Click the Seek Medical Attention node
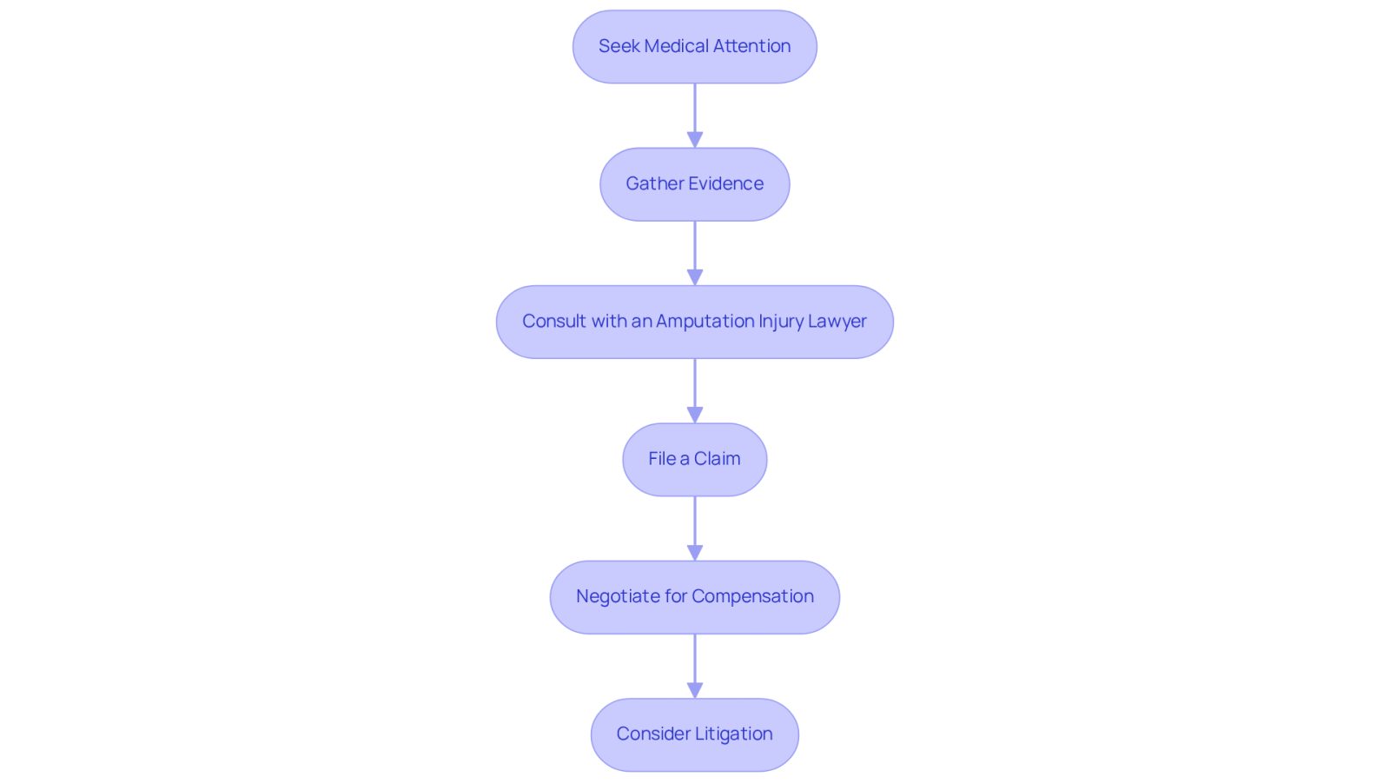pyautogui.click(x=694, y=47)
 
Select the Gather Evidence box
pyautogui.click(x=694, y=184)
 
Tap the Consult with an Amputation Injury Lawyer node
pyautogui.click(x=694, y=322)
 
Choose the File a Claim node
pyautogui.click(x=694, y=460)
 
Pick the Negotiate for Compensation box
pyautogui.click(x=694, y=597)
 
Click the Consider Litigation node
pyautogui.click(x=694, y=735)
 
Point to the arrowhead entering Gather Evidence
pyautogui.click(x=695, y=140)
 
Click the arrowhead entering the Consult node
pyautogui.click(x=695, y=277)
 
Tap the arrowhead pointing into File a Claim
pyautogui.click(x=695, y=415)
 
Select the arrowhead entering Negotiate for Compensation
pyautogui.click(x=695, y=553)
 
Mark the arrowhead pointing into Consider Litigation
pyautogui.click(x=695, y=691)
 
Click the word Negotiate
pyautogui.click(x=618, y=597)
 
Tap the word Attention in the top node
pyautogui.click(x=751, y=46)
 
